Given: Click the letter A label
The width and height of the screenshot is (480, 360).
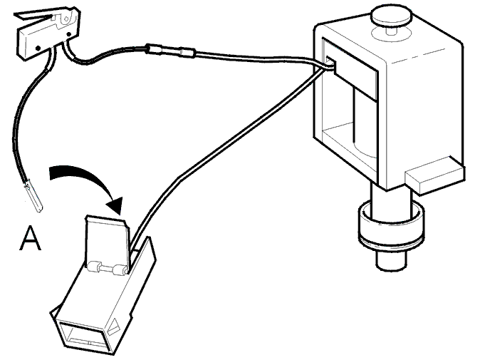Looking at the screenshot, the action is pyautogui.click(x=31, y=238).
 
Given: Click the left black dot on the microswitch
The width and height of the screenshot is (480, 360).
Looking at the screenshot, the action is pyautogui.click(x=38, y=48).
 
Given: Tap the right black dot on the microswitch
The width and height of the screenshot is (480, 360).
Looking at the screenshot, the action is pyautogui.click(x=68, y=34).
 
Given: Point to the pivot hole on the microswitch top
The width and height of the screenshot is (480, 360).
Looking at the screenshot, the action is pyautogui.click(x=66, y=19).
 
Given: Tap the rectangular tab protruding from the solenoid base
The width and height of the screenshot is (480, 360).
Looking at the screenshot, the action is pyautogui.click(x=434, y=177).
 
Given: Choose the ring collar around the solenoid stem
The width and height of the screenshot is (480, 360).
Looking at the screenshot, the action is pyautogui.click(x=391, y=225).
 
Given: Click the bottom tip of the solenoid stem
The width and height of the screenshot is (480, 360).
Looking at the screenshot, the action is pyautogui.click(x=392, y=267).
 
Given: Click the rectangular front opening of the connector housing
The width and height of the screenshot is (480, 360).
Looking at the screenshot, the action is pyautogui.click(x=82, y=335).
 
